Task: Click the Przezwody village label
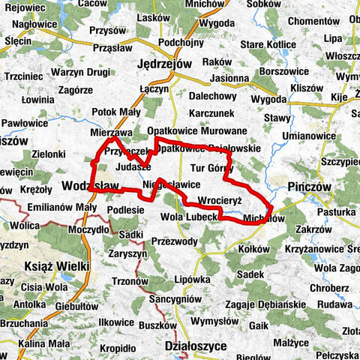[173, 241]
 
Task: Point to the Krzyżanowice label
[326, 247]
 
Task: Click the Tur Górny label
[212, 167]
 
